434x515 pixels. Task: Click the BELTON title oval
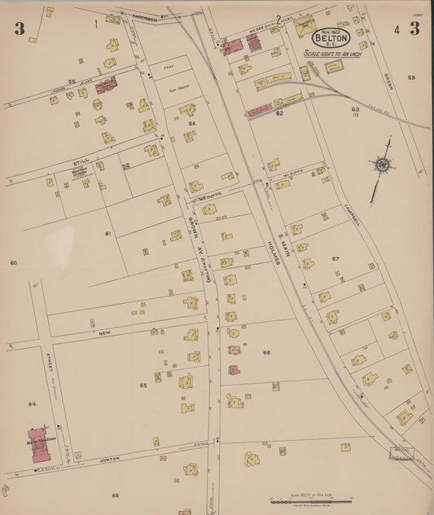(331, 37)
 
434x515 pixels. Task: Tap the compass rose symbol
(381, 165)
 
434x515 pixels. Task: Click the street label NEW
(104, 333)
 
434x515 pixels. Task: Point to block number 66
(266, 353)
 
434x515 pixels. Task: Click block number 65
(143, 385)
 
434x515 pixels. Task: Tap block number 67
(335, 258)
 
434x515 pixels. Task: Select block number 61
(107, 234)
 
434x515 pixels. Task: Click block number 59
(411, 77)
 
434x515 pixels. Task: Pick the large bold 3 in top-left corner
(19, 29)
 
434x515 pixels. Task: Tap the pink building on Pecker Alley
(105, 86)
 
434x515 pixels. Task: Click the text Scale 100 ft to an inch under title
(331, 55)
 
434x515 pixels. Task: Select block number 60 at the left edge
(13, 263)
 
